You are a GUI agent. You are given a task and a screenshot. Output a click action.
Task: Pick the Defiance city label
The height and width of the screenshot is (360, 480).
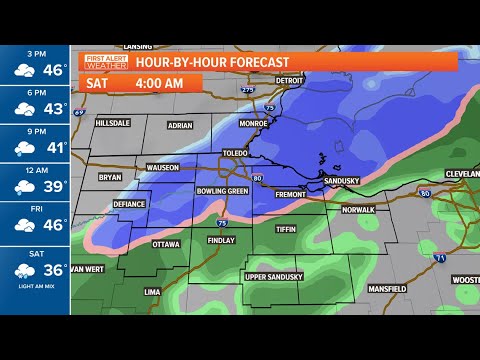tap(129, 203)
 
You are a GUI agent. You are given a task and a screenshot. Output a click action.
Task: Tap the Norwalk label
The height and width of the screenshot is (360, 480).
tap(357, 210)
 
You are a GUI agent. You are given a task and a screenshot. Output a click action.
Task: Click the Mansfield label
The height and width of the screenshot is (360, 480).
tap(385, 288)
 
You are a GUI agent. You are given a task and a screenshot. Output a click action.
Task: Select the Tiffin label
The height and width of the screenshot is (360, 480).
tap(287, 229)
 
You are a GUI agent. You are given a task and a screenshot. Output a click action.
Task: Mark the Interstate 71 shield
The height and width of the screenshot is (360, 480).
tap(441, 258)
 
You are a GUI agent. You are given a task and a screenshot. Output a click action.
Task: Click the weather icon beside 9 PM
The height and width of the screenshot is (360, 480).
tap(22, 147)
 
